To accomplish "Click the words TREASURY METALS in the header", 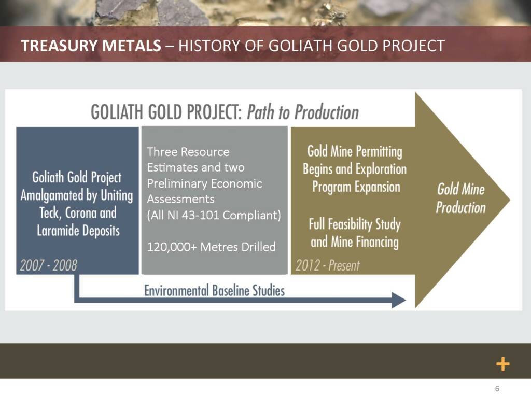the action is tap(91, 46).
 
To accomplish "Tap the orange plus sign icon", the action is tap(503, 364).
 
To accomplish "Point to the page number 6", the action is tap(497, 389).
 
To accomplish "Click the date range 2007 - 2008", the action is tap(48, 265).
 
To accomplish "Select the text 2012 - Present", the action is tap(328, 265).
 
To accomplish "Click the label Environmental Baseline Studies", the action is tap(214, 290).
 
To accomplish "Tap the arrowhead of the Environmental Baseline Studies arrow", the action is tap(399, 300).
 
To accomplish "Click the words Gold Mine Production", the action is tap(460, 198).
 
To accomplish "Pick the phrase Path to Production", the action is tap(303, 112).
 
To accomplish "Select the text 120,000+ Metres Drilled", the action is tap(212, 247).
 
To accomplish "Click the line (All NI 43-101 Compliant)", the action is tap(214, 215).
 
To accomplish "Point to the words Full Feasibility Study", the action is tap(355, 224).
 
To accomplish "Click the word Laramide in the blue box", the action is tap(58, 231).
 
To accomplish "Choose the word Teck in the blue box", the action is tap(50, 213).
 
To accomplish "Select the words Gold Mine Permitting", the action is tap(355, 151).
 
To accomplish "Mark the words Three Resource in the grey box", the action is tap(188, 152).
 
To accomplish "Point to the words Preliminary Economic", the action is tap(204, 183).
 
